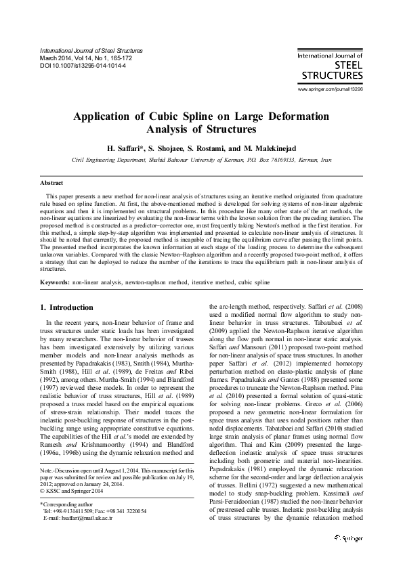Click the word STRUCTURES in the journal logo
(x=330, y=76)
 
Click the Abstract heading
(x=52, y=183)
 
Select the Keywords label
(x=54, y=281)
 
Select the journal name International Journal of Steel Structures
(x=91, y=51)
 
